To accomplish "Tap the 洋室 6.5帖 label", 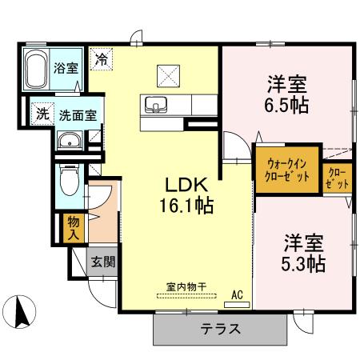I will [288, 94].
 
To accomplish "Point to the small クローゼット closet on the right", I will [338, 178].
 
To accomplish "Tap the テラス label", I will [221, 329].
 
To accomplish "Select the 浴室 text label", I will [66, 68].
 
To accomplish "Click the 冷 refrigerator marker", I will [102, 58].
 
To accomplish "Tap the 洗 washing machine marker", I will [41, 113].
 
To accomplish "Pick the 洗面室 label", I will [78, 114].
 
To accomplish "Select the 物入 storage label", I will [73, 227].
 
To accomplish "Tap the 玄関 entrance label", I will [102, 262].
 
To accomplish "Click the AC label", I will [237, 295].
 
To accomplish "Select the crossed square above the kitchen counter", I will [169, 75].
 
